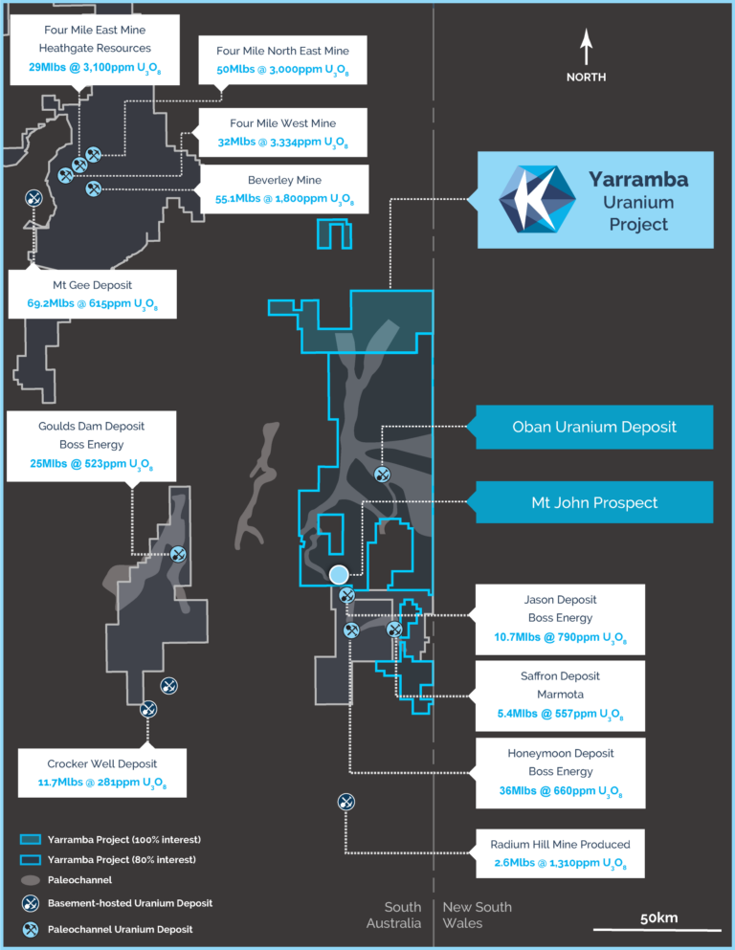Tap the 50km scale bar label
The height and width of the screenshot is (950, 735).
[658, 917]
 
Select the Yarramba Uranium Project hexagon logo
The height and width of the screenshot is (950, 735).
[537, 199]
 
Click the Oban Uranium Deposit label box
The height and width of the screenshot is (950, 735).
[594, 427]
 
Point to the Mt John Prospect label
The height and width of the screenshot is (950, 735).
[594, 502]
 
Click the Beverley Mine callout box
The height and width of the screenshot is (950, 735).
[284, 189]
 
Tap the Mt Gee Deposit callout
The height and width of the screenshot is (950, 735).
[93, 295]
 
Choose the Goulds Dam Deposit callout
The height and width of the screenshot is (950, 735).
[92, 445]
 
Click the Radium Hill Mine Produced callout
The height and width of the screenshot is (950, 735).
[560, 853]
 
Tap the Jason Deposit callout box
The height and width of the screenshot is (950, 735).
[561, 618]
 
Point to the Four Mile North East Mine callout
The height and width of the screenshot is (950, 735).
[282, 60]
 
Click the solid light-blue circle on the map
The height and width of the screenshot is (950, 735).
[339, 574]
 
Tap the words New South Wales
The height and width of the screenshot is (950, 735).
[477, 915]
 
